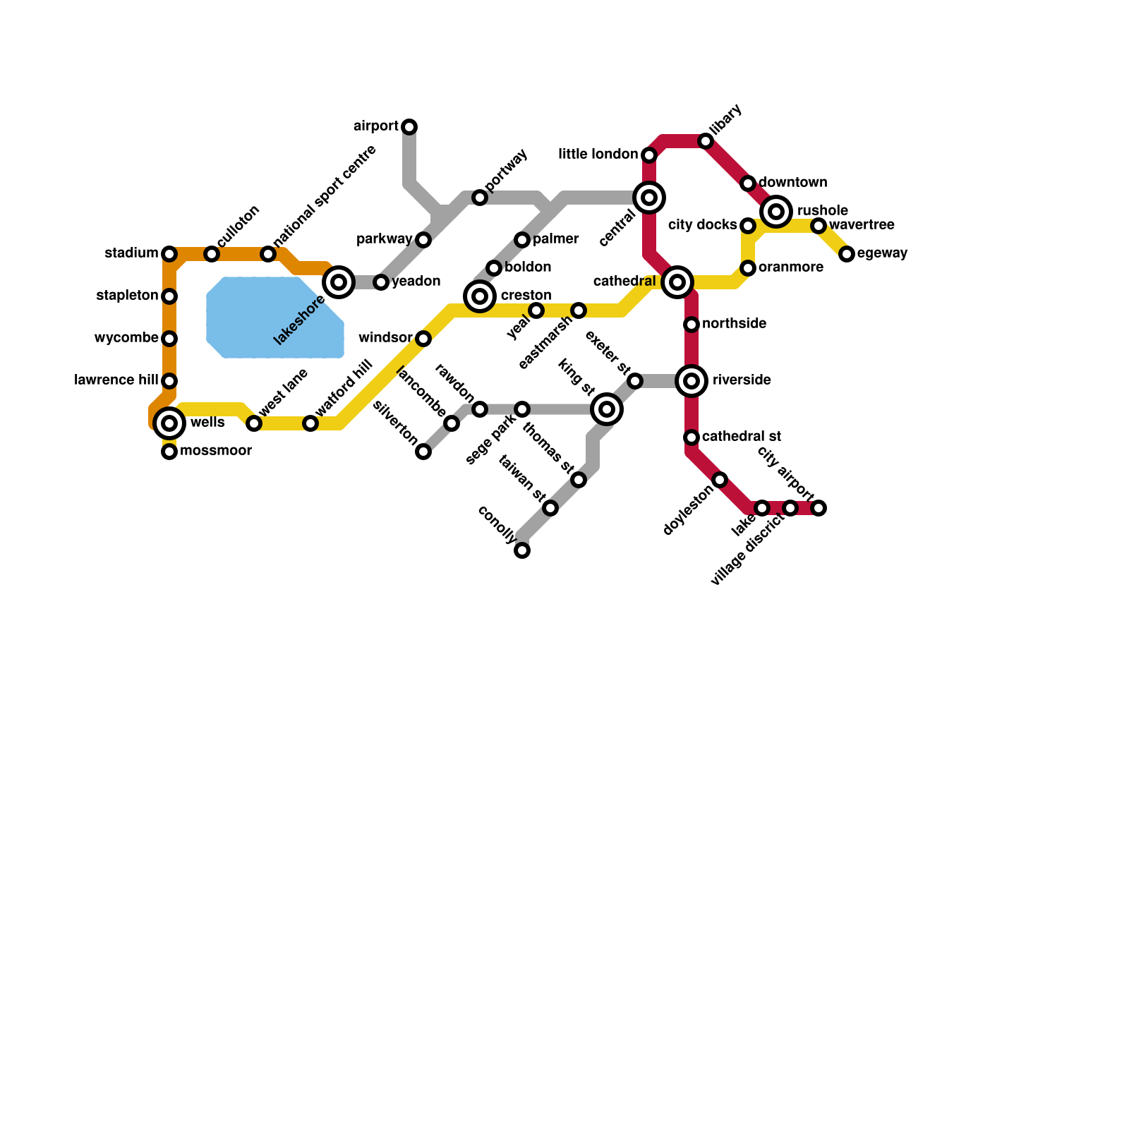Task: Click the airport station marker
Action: pos(409,127)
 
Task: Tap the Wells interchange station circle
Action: pos(169,423)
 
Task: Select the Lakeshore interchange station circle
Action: pos(339,282)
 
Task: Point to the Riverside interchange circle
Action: pos(692,381)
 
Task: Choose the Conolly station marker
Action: pos(522,550)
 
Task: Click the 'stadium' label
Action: pos(131,253)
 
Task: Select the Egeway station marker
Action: pos(847,254)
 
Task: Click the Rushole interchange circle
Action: pos(776,211)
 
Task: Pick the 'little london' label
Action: pos(598,155)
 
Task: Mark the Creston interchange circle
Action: pos(480,296)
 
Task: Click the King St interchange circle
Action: pos(607,409)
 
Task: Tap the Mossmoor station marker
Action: pos(169,452)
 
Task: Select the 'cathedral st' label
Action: pos(742,437)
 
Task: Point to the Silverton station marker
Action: pos(423,452)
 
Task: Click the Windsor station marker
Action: pos(423,339)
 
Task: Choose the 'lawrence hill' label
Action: pos(116,380)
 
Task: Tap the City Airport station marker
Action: pos(819,508)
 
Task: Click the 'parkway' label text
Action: pos(385,239)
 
